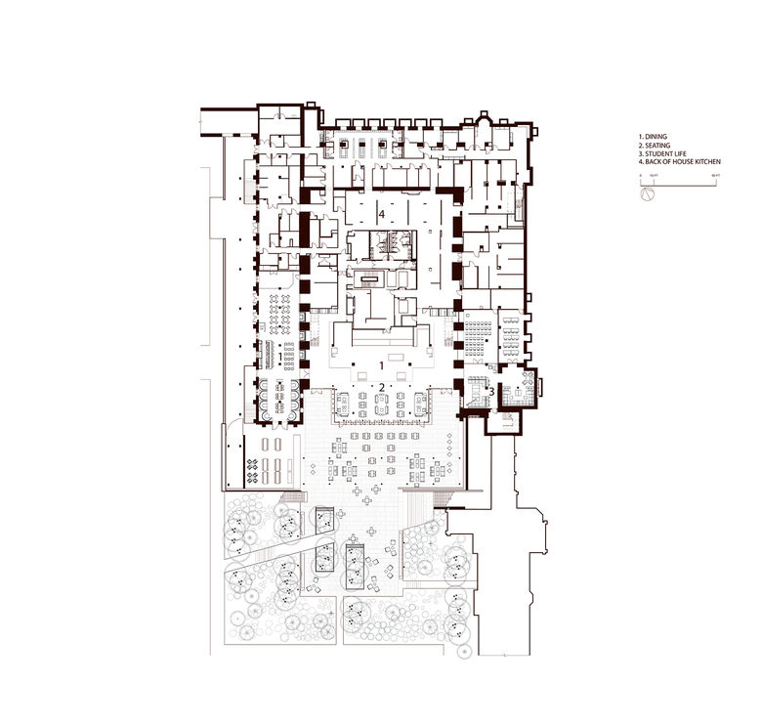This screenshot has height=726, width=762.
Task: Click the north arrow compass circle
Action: (646, 194)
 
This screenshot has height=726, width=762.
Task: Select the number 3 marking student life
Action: (490, 395)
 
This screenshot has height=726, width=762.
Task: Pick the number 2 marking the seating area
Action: (381, 387)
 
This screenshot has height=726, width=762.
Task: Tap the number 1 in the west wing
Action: (281, 359)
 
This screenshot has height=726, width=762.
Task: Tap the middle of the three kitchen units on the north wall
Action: (361, 149)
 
